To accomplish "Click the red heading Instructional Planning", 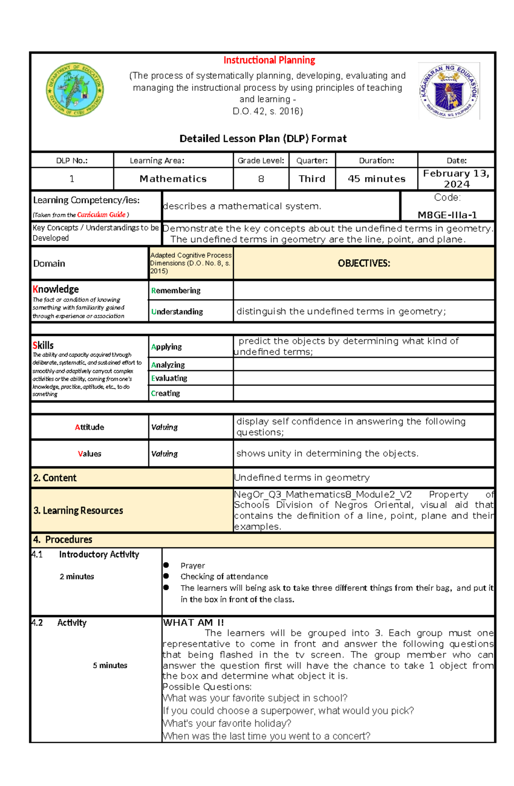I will click(x=269, y=60).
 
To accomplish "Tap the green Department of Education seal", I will click(x=75, y=90).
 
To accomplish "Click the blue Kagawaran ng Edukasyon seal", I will click(x=448, y=91).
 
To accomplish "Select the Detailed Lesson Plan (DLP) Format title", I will click(x=263, y=138).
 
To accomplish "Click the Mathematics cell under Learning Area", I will click(x=173, y=179).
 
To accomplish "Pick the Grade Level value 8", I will click(x=261, y=179).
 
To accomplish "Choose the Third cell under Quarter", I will click(x=312, y=179).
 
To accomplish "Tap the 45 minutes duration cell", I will click(x=377, y=179).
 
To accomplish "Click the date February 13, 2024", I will click(x=456, y=179).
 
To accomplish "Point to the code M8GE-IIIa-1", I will click(x=447, y=215).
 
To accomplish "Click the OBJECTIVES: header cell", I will click(x=364, y=263).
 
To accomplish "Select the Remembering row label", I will click(x=176, y=290).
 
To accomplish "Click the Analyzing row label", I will click(x=168, y=365).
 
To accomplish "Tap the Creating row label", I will click(x=165, y=393).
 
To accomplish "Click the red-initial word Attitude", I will click(x=90, y=427).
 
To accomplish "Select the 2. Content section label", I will click(x=55, y=478).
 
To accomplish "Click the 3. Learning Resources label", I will click(x=78, y=511).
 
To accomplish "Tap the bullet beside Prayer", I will click(x=166, y=565).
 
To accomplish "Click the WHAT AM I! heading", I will click(x=193, y=622).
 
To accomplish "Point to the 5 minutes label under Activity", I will click(x=110, y=665).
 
